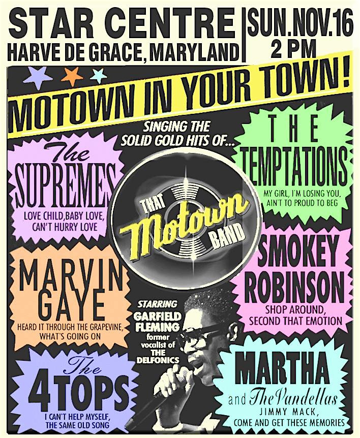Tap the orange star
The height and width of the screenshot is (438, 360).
72,76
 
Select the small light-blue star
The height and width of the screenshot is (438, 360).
98,76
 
